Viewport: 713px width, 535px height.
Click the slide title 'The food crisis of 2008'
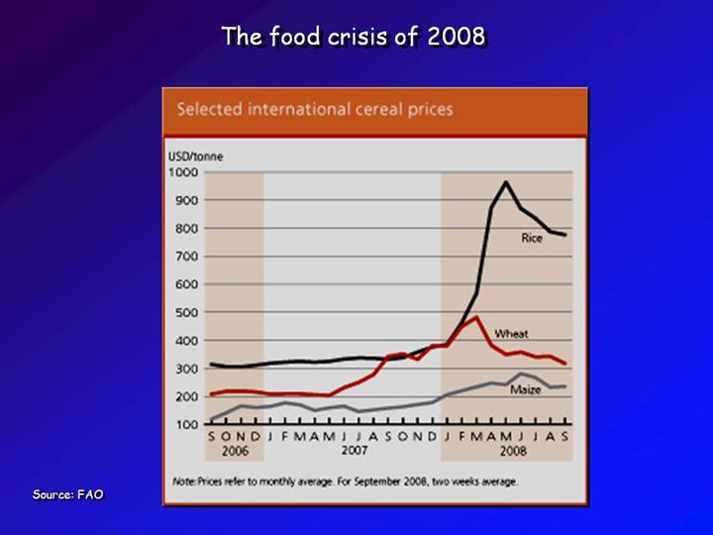(x=354, y=37)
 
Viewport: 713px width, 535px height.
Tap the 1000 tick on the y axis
(x=184, y=172)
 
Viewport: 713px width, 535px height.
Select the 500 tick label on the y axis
(x=187, y=313)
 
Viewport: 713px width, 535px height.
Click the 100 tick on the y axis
(x=187, y=425)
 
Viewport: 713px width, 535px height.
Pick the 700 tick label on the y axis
(x=187, y=257)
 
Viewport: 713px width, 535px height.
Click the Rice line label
(x=532, y=238)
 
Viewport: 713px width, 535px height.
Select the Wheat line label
(x=512, y=334)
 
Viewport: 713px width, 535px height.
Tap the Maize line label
(x=525, y=389)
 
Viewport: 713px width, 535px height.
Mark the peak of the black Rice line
(x=507, y=182)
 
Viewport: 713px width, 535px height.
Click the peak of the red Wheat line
(x=477, y=318)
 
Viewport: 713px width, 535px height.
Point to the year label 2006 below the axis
(x=234, y=450)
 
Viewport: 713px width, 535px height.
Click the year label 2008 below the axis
(x=513, y=450)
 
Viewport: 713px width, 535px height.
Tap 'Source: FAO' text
(x=67, y=493)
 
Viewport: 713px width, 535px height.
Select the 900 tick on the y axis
(x=187, y=200)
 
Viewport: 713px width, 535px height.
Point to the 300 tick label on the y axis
(x=187, y=369)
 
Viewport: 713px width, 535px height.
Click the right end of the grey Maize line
(x=565, y=386)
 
